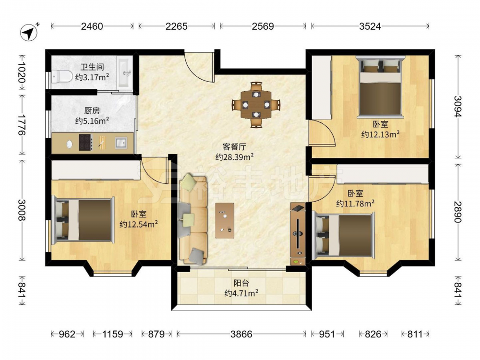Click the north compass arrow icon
point(29,32)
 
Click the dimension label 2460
point(92,26)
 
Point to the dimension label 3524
point(370,26)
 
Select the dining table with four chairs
point(256,105)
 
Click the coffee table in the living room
point(224,220)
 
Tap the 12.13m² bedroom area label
point(380,134)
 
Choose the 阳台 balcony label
point(241,283)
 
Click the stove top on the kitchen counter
point(86,143)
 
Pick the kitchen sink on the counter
point(121,143)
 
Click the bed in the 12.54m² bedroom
point(83,220)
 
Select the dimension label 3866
point(241,334)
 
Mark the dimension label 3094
point(457,107)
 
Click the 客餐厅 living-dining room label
point(234,147)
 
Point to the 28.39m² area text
point(234,157)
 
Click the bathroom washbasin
point(125,73)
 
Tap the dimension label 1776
point(22,125)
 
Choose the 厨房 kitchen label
point(92,111)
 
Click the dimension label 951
point(327,334)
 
